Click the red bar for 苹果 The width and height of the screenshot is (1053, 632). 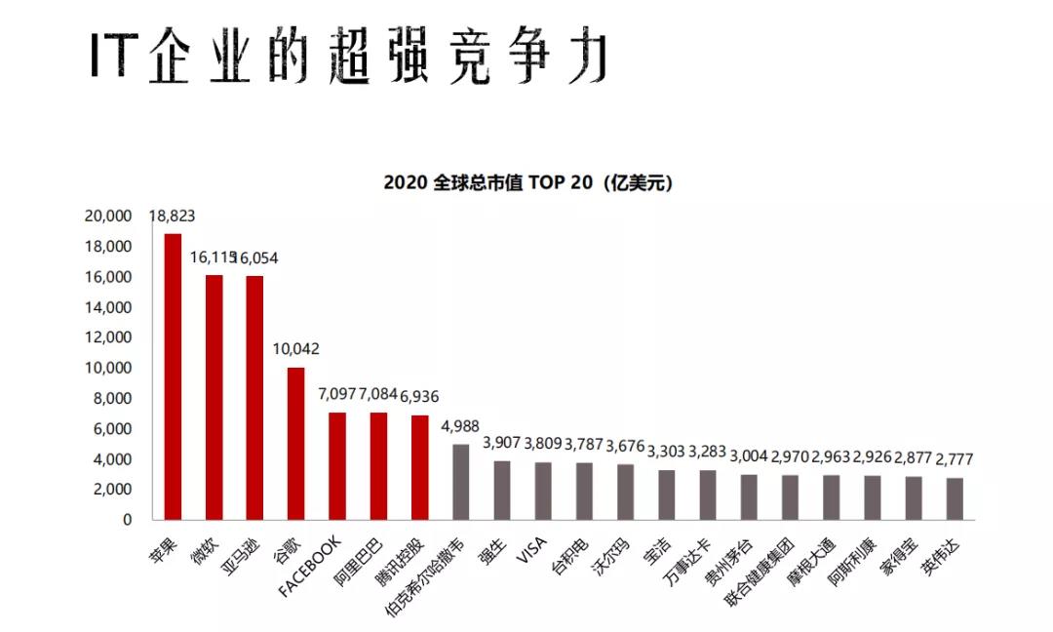coord(173,376)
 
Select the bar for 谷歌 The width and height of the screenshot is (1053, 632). coord(295,444)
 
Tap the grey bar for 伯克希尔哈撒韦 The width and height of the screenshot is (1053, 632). coord(460,482)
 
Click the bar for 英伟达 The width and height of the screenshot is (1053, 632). coord(955,498)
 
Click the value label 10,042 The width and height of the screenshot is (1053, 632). coord(295,349)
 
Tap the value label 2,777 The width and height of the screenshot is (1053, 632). coord(955,459)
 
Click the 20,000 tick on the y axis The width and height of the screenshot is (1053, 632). coord(108,217)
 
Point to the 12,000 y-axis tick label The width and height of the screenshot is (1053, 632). coord(108,337)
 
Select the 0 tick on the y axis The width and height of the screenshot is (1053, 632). coord(127,520)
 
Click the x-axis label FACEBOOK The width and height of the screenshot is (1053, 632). coord(311,565)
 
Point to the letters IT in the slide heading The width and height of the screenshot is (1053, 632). coord(110,56)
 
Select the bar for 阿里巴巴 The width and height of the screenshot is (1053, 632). coord(378,466)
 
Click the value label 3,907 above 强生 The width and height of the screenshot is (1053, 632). coord(503,442)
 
